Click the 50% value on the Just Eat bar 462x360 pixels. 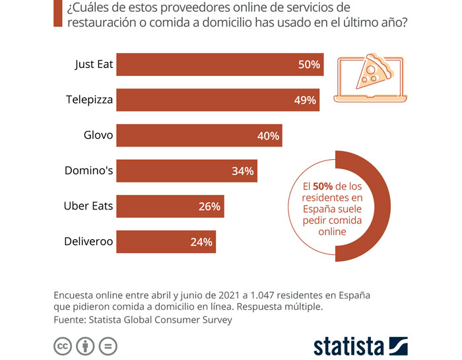(308, 65)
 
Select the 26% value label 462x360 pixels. (209, 206)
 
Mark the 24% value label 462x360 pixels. (201, 242)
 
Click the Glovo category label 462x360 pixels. (98, 135)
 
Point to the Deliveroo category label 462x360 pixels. (88, 242)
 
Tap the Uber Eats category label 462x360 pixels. (88, 206)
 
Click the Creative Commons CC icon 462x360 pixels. (63, 346)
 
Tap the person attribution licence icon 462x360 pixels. (85, 346)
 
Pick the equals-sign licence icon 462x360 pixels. (107, 346)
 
